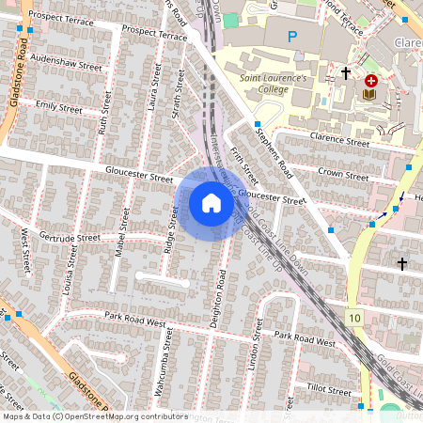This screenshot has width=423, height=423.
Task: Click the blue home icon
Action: [x=211, y=203]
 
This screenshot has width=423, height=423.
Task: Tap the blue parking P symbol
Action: [x=292, y=37]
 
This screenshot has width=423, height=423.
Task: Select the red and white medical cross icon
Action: [x=371, y=81]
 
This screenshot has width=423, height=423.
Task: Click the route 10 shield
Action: [x=352, y=319]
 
